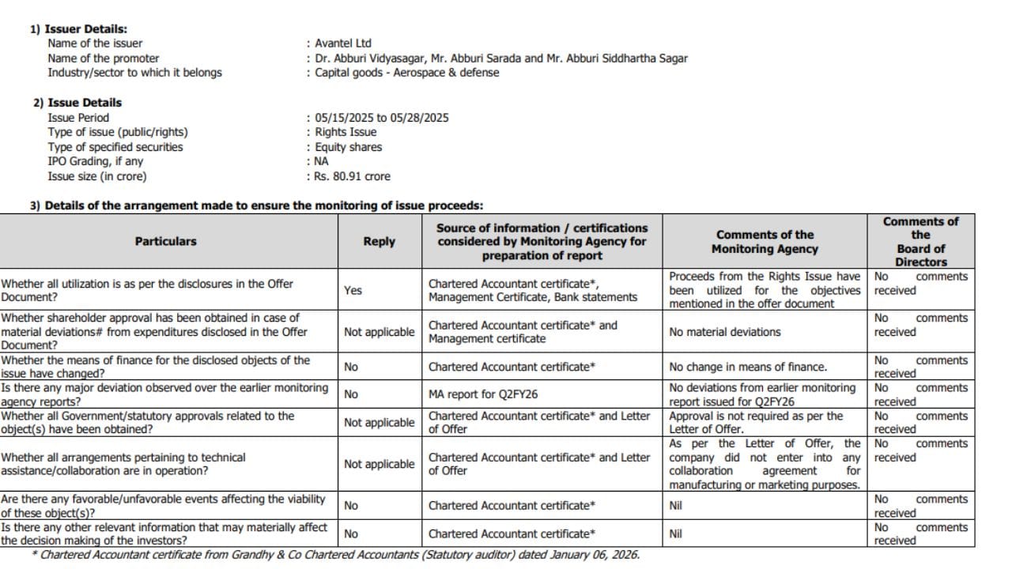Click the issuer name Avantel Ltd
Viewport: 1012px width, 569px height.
pos(342,43)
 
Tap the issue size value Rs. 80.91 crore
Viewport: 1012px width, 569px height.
pos(352,176)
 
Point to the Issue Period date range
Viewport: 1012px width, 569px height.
pos(382,118)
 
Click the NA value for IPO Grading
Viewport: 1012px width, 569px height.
pos(322,161)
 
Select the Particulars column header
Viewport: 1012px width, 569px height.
pos(166,241)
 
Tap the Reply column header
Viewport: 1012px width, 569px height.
pos(379,241)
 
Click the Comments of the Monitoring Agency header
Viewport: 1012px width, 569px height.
pos(765,241)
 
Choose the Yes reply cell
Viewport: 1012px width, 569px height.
pos(353,290)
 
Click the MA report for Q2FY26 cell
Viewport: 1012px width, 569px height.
pos(483,394)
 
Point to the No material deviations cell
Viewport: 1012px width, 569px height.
pos(725,332)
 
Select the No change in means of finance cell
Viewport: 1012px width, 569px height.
pos(748,367)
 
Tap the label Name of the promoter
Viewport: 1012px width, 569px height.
pos(104,58)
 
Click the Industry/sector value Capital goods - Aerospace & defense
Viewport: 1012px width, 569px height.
pos(407,73)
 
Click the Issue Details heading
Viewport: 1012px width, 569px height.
pos(85,103)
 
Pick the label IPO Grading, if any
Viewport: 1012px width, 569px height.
pos(96,161)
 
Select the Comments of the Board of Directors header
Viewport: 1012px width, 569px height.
pos(920,241)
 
